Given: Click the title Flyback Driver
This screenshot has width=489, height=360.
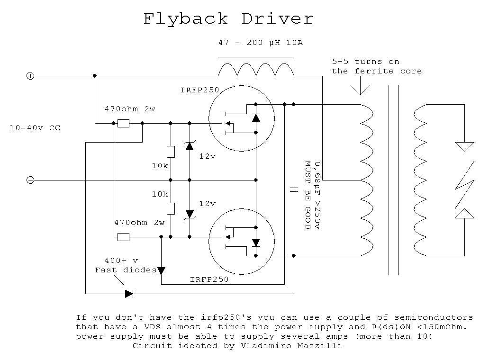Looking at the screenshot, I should click(228, 19).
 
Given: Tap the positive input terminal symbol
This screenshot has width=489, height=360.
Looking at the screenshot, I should click(30, 76).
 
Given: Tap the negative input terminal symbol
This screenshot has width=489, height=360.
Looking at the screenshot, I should click(30, 180).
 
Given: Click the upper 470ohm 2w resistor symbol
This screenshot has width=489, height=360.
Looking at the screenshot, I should click(123, 123).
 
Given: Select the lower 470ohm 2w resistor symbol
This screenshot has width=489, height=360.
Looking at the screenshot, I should click(123, 237).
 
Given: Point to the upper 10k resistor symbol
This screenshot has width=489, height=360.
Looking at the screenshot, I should click(171, 152).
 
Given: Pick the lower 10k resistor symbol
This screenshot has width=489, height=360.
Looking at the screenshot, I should click(171, 208).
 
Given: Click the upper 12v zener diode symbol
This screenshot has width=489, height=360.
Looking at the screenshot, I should click(190, 146).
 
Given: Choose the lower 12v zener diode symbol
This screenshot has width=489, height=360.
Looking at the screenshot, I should click(190, 214).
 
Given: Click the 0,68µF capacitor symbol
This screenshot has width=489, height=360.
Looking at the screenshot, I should click(294, 189).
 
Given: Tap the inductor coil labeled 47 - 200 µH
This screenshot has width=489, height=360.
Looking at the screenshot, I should click(256, 70).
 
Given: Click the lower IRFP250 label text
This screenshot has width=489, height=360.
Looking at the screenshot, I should click(209, 279).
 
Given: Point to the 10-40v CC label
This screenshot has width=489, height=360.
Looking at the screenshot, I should click(35, 128).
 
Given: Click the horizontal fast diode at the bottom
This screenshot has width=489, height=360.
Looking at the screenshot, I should click(129, 294).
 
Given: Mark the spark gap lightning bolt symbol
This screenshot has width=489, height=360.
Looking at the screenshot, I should click(464, 180).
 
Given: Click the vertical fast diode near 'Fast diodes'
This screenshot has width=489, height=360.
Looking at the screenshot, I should click(161, 270).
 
